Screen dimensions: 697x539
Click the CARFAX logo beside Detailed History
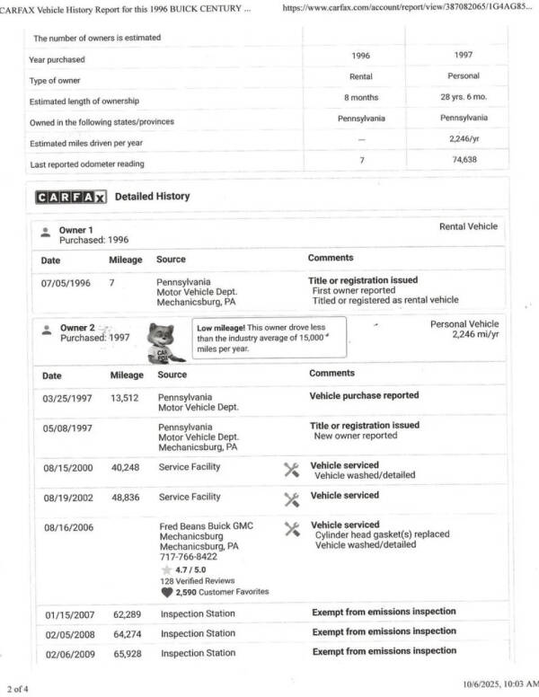(71, 197)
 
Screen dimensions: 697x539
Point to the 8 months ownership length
(360, 97)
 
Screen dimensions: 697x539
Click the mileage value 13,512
(127, 396)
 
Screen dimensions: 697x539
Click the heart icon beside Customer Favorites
(166, 592)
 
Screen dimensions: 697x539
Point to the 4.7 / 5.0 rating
(187, 569)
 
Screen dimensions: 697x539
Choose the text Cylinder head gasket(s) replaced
(382, 534)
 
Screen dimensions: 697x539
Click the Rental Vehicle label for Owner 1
(468, 226)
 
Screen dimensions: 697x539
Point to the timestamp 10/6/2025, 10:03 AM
(497, 684)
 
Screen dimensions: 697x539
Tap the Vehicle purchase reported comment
(364, 395)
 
